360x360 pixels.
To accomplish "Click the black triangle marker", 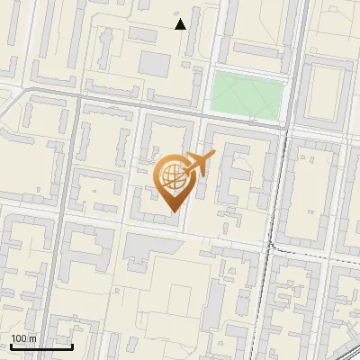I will pyautogui.click(x=181, y=24).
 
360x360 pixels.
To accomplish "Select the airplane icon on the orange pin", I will pyautogui.click(x=198, y=165).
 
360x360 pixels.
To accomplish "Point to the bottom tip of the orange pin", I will pyautogui.click(x=172, y=212).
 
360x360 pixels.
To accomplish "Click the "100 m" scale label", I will pyautogui.click(x=23, y=338).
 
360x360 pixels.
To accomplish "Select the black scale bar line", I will pyautogui.click(x=41, y=346).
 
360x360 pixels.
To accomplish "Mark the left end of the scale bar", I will pyautogui.click(x=11, y=346).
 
